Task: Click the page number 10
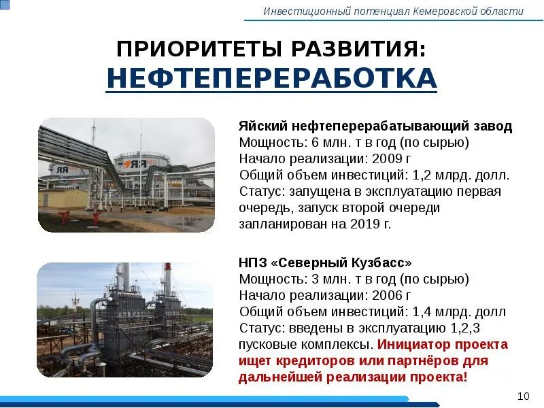523,396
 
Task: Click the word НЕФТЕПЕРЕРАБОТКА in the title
271,79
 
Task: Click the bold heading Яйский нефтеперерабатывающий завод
375,126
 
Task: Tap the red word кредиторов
305,360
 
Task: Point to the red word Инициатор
412,344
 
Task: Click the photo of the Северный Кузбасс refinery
124,320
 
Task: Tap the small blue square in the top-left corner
3,4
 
